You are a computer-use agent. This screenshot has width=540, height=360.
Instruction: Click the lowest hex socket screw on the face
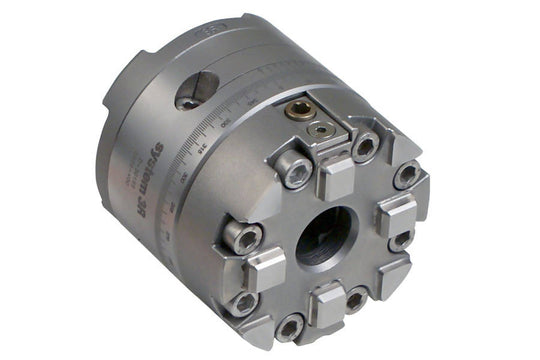[x=290, y=326]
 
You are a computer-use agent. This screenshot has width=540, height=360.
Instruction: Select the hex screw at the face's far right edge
[x=408, y=176]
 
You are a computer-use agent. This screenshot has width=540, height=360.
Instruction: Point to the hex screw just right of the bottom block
[x=356, y=298]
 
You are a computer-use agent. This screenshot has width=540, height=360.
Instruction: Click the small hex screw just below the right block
[x=401, y=240]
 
